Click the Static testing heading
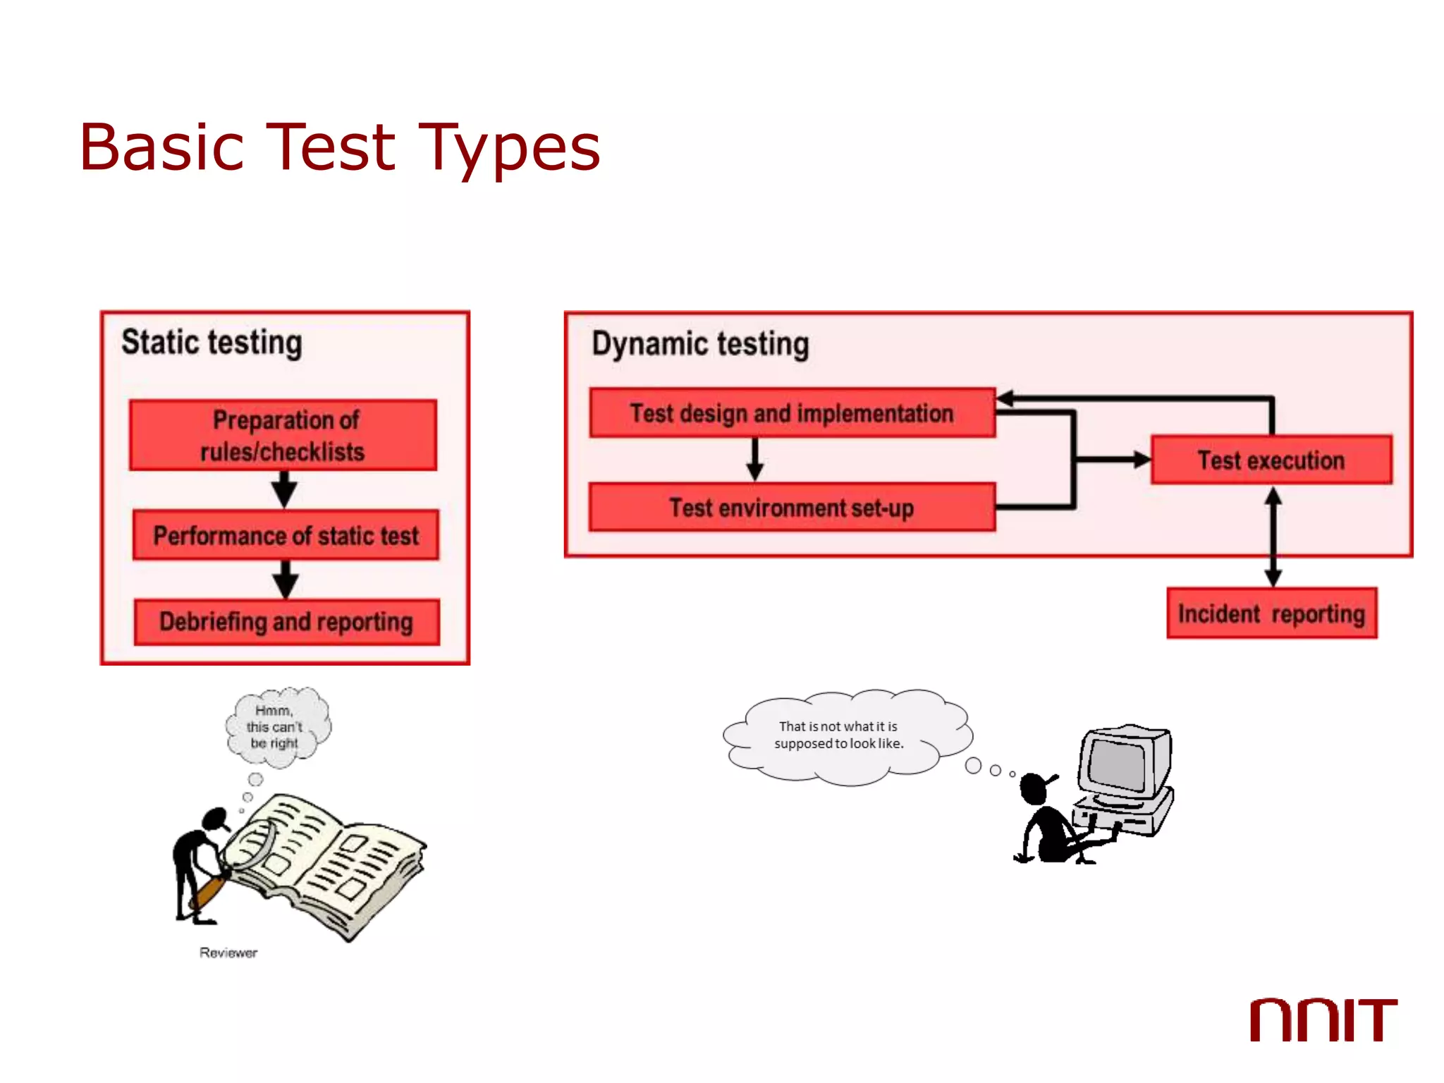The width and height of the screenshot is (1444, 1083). pyautogui.click(x=212, y=343)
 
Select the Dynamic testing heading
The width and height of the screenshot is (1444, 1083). pyautogui.click(x=699, y=344)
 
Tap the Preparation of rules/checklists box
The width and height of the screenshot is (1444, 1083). pyautogui.click(x=283, y=435)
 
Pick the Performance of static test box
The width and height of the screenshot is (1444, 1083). pyautogui.click(x=286, y=535)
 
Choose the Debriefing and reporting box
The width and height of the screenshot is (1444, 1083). pyautogui.click(x=286, y=622)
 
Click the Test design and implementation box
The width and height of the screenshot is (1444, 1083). pyautogui.click(x=791, y=413)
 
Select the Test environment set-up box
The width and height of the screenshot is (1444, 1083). pyautogui.click(x=791, y=508)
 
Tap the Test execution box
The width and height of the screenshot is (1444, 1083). pyautogui.click(x=1271, y=460)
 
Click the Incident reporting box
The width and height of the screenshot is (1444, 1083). pyautogui.click(x=1271, y=613)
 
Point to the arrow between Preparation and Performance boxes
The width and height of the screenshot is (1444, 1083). pyautogui.click(x=284, y=489)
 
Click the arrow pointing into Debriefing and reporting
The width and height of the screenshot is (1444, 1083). pyautogui.click(x=286, y=580)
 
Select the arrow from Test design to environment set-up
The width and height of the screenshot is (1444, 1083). pyautogui.click(x=755, y=460)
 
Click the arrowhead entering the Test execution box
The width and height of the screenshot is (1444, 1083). pyautogui.click(x=1139, y=460)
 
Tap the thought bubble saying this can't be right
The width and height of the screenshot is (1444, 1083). pyautogui.click(x=276, y=727)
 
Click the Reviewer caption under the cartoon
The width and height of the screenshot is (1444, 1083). pyautogui.click(x=228, y=953)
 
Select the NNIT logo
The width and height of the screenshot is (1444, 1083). pyautogui.click(x=1323, y=1020)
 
